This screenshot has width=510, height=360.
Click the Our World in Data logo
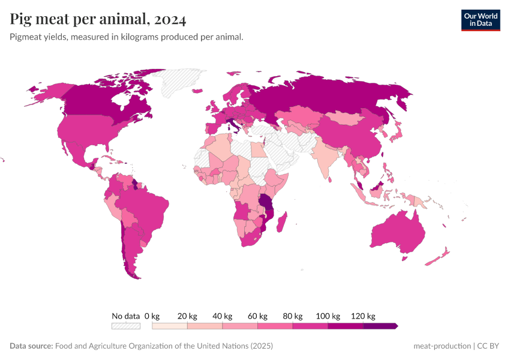[x=480, y=20]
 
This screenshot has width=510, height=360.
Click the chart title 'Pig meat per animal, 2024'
[x=98, y=19]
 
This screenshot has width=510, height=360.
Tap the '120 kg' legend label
[x=363, y=316]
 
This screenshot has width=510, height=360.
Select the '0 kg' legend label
[x=152, y=316]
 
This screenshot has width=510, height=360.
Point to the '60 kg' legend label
[x=257, y=316]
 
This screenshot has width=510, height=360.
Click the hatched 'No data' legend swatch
[x=125, y=326]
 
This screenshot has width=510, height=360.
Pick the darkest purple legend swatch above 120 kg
[x=380, y=326]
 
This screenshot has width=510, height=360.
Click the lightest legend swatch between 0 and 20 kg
[x=170, y=326]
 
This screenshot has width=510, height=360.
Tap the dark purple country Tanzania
[x=265, y=201]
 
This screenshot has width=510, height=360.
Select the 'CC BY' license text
[x=488, y=346]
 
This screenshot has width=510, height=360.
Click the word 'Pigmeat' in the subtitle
[x=26, y=37]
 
